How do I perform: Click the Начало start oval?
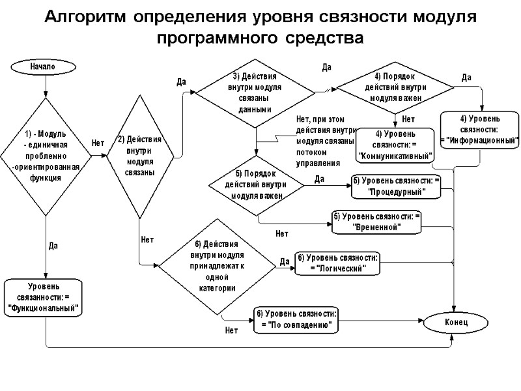coord(45,66)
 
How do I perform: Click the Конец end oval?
coord(455,323)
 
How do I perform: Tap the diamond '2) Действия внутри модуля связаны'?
coord(139,157)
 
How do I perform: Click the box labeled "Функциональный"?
coord(44,298)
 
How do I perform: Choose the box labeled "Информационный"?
coord(481,130)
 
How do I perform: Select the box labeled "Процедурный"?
coord(396,186)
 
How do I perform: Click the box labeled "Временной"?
coord(376,222)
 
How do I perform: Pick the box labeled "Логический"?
coord(337,263)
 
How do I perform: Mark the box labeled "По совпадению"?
coord(296,320)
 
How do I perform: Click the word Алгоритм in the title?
coord(85,17)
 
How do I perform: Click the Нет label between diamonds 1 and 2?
coord(98,143)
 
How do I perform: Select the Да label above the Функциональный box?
coord(54,246)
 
